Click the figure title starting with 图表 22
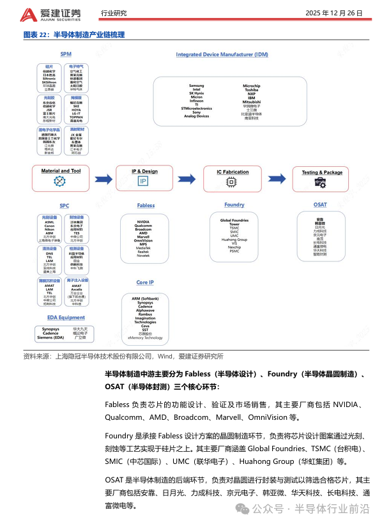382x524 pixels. [x=74, y=35]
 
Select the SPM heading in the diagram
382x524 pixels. [x=65, y=54]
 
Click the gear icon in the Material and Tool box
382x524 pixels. [x=61, y=181]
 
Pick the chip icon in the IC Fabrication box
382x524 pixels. [x=232, y=182]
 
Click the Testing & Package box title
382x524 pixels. [x=322, y=172]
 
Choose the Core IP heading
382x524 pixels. [x=146, y=282]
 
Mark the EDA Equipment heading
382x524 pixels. [x=66, y=318]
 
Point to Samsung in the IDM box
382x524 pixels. [x=196, y=85]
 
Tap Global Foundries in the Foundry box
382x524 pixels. [x=234, y=220]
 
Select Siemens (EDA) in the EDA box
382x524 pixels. [x=50, y=337]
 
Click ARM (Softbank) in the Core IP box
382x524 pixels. [x=145, y=298]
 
